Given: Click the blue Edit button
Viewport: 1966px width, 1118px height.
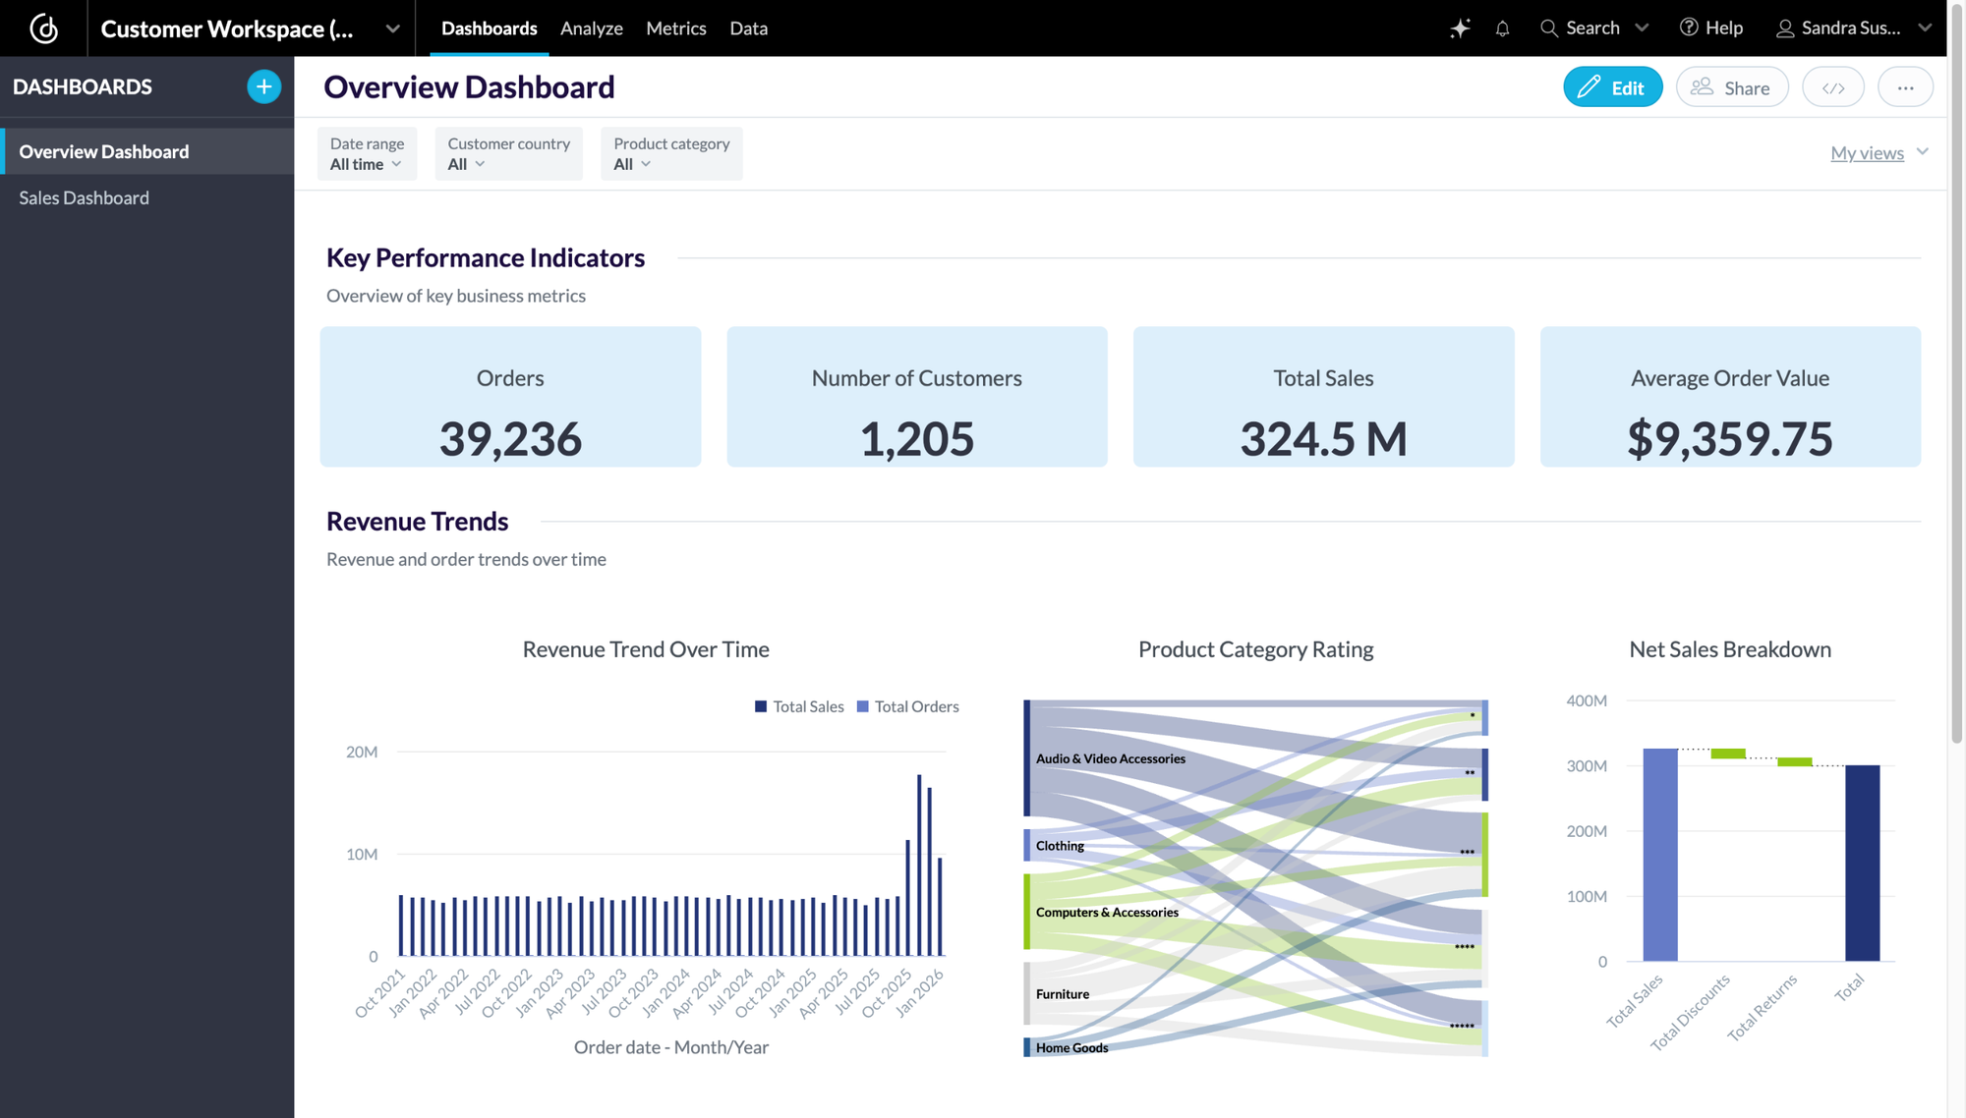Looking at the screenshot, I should [x=1612, y=87].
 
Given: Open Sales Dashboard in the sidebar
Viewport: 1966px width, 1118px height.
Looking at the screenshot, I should [x=85, y=197].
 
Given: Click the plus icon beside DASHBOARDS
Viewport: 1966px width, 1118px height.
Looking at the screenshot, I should [x=263, y=86].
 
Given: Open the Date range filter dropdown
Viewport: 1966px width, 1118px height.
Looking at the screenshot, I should [x=367, y=154].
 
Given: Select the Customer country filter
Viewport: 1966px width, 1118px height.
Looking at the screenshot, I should [x=508, y=154].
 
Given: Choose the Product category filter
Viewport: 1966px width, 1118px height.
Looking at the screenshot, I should [x=671, y=154].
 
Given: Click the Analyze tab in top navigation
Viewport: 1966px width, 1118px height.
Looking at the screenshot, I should [x=591, y=28].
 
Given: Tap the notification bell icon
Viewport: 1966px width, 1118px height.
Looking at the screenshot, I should [x=1502, y=28].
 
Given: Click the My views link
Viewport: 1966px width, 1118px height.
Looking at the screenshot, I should [x=1867, y=152].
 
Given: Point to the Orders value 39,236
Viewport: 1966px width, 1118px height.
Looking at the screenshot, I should [x=510, y=438].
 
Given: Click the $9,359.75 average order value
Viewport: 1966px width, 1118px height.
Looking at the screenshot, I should [x=1729, y=438].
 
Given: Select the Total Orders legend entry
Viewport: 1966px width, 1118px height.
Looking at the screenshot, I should [x=907, y=706].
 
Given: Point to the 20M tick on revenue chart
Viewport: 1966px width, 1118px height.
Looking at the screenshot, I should [x=362, y=752].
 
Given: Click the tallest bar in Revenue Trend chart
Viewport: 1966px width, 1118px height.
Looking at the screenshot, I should [x=919, y=865].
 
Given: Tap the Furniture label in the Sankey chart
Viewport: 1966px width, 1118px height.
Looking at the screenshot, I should [x=1063, y=994].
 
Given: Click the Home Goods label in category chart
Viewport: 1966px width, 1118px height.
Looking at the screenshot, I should [x=1071, y=1047].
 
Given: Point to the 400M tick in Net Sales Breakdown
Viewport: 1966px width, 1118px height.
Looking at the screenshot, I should [x=1587, y=700].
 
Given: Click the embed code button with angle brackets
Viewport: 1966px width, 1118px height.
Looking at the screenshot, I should [x=1832, y=87].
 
